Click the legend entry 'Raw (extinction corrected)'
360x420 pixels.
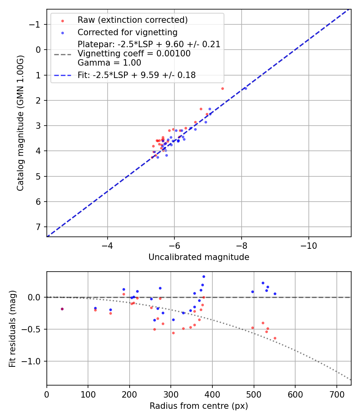tap(132, 20)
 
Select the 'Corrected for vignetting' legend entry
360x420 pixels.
tap(127, 32)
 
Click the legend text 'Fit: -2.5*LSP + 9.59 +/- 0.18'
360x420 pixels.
tap(136, 75)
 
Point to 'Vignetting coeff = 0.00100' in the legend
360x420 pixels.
tap(134, 54)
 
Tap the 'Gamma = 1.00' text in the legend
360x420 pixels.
tap(109, 63)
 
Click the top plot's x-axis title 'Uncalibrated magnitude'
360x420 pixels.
tap(199, 257)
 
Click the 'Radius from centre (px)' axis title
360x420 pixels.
tap(199, 406)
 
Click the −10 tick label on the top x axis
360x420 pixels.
tap(308, 245)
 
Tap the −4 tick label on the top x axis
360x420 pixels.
tap(107, 245)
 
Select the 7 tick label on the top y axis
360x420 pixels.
tap(38, 227)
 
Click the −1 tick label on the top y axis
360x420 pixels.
tap(36, 24)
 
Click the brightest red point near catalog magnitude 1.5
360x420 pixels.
tap(222, 88)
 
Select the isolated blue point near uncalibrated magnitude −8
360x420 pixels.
tap(245, 88)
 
